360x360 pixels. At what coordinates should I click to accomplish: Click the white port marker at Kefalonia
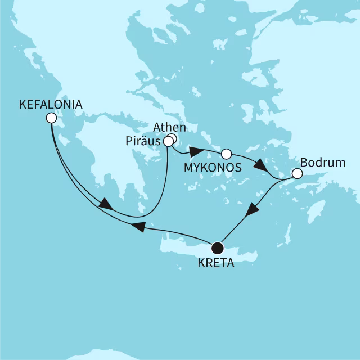pos(51,118)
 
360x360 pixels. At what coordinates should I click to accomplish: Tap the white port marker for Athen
pos(172,138)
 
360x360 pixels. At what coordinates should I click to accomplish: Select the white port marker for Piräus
pos(168,142)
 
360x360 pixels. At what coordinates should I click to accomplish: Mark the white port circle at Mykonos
pos(226,153)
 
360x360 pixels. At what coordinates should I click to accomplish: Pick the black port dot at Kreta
pos(218,247)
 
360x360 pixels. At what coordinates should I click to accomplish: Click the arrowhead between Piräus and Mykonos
pos(195,152)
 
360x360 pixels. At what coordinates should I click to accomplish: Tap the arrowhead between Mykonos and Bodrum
pos(260,167)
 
